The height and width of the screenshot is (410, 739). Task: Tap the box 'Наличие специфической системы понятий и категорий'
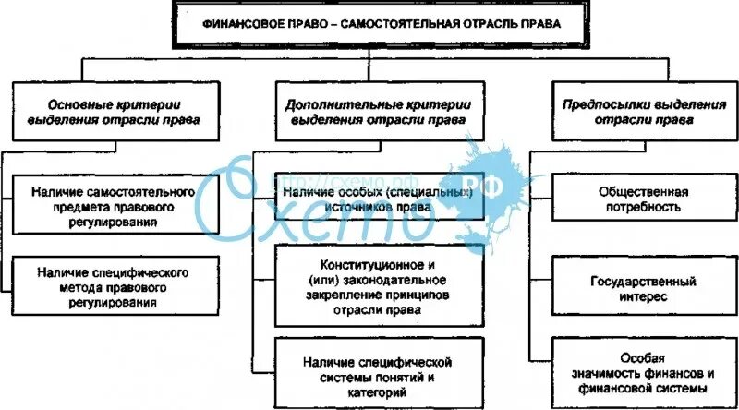pyautogui.click(x=379, y=370)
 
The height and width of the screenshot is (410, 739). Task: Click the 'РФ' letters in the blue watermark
pyautogui.click(x=471, y=183)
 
